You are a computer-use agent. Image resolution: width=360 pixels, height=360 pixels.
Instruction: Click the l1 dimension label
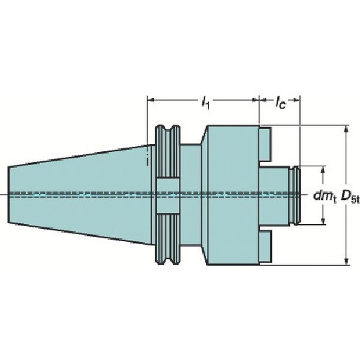[205, 103]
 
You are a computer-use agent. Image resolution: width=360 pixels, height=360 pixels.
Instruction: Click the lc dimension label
[281, 102]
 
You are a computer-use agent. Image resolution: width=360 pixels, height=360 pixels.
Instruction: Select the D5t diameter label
[350, 197]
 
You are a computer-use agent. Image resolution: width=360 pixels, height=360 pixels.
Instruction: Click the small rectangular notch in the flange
[167, 196]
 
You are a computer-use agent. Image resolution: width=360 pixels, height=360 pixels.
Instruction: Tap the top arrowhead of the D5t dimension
[346, 129]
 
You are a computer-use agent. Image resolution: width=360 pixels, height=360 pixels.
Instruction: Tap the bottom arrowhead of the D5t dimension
[346, 261]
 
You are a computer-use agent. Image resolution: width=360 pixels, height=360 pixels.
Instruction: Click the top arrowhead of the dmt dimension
[323, 169]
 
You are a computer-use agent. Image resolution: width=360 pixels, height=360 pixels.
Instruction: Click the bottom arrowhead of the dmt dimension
[323, 222]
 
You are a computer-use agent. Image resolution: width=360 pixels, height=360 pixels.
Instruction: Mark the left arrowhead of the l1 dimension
[151, 100]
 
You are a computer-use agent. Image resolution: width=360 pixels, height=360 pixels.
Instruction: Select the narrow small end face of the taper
[8, 195]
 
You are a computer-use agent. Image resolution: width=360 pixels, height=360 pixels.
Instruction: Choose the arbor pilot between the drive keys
[274, 196]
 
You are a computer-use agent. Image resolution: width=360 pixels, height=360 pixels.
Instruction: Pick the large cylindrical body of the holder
[233, 195]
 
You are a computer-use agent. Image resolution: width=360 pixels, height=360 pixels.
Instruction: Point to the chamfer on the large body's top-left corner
[205, 135]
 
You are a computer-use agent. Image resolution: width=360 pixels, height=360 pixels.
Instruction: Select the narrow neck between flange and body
[191, 195]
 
